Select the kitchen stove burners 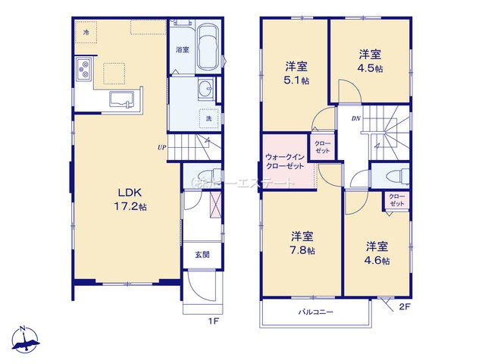coord(83,72)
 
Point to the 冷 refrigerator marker coord(86,33)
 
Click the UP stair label coord(161,147)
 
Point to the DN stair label coord(355,119)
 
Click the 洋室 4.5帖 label coord(370,60)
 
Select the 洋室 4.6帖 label coord(377,253)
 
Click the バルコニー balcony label coord(315,312)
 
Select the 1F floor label coord(214,321)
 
